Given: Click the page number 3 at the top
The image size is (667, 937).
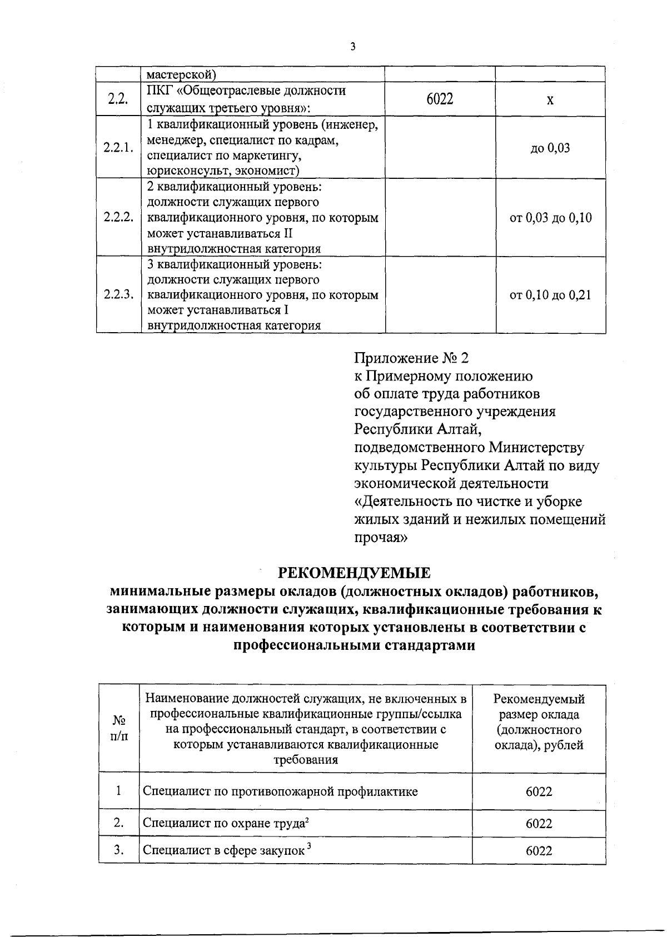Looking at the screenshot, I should coord(352,47).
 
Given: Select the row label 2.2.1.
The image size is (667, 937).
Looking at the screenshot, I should coord(118,148).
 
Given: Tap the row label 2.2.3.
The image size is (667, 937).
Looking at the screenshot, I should coord(118,295).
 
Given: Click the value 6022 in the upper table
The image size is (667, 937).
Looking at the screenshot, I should coord(440,99).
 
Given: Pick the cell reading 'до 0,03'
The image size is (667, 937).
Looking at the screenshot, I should coord(550,148).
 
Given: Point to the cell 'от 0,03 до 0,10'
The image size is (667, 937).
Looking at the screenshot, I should coord(550,218).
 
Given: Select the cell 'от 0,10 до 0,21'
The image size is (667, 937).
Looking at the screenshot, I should coord(550,295).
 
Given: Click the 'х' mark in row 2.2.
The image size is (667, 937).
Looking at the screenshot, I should coord(550,100).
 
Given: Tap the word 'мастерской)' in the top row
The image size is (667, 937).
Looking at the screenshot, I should coord(181,74).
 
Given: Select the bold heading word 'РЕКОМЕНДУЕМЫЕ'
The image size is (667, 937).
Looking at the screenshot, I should coord(354,573).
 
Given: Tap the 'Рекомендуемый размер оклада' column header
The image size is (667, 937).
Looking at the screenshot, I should coord(539,707).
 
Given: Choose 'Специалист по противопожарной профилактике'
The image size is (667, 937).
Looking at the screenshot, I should coord(280,791).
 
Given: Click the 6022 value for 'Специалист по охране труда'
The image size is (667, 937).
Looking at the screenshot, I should coord(539,824).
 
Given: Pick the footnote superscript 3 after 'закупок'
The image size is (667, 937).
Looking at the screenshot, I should coord(308,846).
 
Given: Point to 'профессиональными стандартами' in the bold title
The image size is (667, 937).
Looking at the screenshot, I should coord(354,646).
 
